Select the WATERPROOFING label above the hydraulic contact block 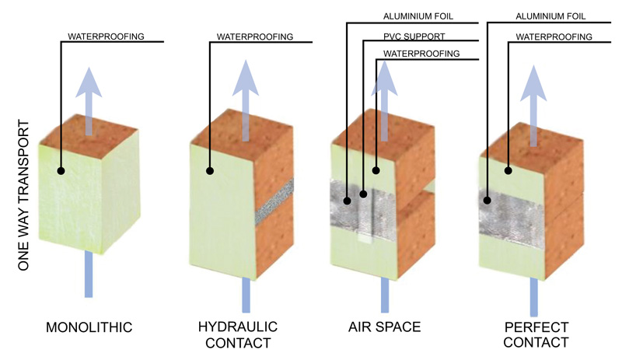tap(254, 36)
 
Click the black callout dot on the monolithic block tap(61, 170)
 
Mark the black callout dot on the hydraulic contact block tap(209, 170)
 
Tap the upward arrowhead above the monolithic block tap(88, 81)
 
